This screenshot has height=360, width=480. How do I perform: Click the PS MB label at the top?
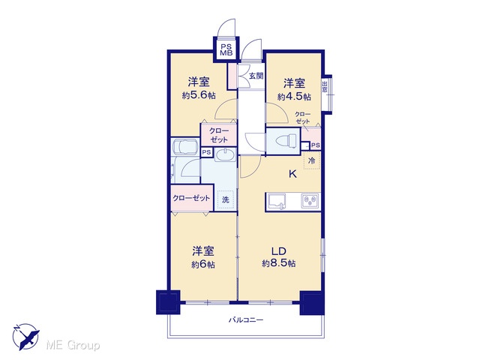coord(226,50)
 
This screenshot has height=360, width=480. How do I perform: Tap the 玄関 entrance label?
coord(256,76)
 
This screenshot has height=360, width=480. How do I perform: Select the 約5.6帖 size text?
coord(199,95)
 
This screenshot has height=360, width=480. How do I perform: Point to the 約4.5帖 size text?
coord(294,97)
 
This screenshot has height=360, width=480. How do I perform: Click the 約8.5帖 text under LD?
coord(279,263)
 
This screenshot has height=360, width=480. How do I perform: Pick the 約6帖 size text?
coord(203,265)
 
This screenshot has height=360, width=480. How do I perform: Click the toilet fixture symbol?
coord(286,141)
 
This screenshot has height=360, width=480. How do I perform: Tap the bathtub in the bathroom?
coord(185,146)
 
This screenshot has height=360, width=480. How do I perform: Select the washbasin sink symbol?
coord(225,155)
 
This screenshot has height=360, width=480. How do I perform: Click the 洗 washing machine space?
coord(226,200)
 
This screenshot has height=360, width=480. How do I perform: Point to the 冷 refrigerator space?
coord(312,160)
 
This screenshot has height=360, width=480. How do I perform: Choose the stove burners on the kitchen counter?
coord(310,201)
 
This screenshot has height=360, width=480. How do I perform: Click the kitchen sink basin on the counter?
coord(277,202)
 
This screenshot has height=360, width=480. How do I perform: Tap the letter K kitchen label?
coord(293,174)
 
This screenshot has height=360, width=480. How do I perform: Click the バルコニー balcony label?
coord(246,320)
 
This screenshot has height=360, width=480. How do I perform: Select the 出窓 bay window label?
coord(325,86)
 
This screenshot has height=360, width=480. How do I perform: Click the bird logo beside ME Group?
coord(25,337)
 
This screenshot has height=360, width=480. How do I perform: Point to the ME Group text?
coord(73,346)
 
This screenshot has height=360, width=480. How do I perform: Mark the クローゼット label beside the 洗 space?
coord(191,198)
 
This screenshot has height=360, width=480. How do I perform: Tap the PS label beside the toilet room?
coord(316,145)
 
